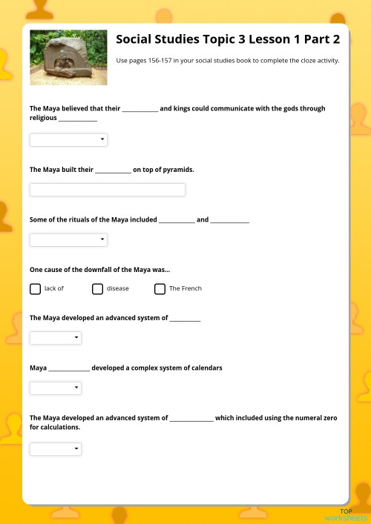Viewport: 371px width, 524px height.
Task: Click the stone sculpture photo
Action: tap(68, 57)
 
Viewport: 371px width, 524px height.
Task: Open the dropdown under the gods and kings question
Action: tap(68, 139)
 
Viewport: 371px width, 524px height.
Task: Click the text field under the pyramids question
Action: tap(107, 190)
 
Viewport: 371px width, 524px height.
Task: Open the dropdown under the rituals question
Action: tap(68, 239)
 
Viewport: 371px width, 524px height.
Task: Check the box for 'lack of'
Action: tap(35, 289)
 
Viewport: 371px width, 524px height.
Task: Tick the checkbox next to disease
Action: tap(97, 289)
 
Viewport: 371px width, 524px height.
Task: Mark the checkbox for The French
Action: tap(160, 289)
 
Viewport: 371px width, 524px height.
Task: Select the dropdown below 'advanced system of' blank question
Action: tap(56, 338)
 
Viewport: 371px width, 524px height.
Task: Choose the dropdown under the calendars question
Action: tap(56, 388)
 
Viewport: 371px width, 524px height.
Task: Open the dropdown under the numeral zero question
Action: tap(56, 448)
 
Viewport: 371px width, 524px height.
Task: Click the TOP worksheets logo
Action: tap(346, 515)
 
